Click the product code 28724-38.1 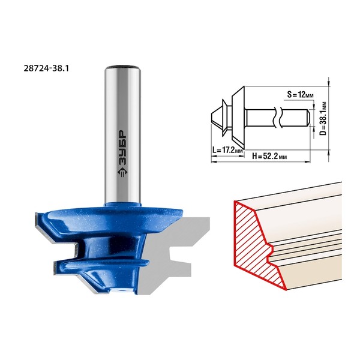pyautogui.click(x=46, y=68)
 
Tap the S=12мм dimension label pyautogui.click(x=300, y=94)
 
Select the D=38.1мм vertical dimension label pyautogui.click(x=323, y=119)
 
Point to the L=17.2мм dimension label pyautogui.click(x=227, y=151)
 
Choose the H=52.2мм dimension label pyautogui.click(x=269, y=157)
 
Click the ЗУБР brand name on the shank pyautogui.click(x=122, y=148)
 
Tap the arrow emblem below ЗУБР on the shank pyautogui.click(x=122, y=172)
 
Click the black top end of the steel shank pyautogui.click(x=122, y=67)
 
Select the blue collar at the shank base pyautogui.click(x=122, y=204)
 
